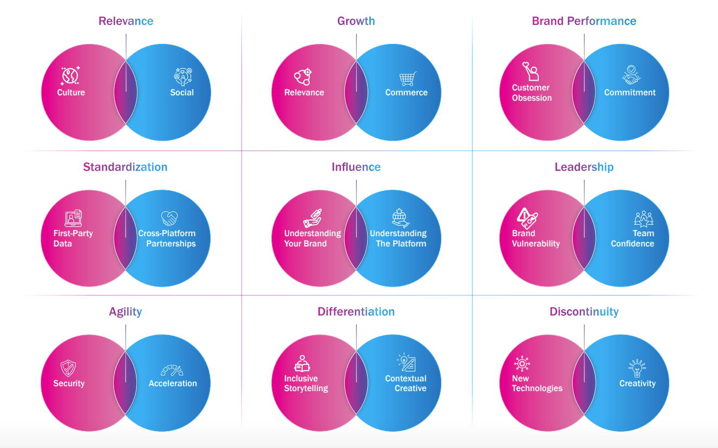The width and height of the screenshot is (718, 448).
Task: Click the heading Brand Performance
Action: point(584,21)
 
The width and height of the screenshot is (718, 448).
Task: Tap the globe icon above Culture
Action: point(70,76)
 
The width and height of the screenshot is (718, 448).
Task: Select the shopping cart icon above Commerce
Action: point(408,79)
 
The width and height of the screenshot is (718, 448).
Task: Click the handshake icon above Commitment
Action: point(631,75)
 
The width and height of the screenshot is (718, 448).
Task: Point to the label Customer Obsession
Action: point(532,93)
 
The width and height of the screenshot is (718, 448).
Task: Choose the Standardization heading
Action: point(125,167)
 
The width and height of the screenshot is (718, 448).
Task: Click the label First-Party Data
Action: point(73,238)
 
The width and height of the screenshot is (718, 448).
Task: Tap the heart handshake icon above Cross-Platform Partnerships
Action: point(169,218)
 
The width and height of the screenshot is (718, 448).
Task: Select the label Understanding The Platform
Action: point(399,238)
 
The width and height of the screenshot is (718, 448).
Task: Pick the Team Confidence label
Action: point(633,238)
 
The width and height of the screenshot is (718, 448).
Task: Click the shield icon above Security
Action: point(69,368)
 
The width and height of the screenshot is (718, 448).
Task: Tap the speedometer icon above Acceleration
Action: point(172,370)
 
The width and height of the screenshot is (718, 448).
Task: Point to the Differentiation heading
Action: point(356,311)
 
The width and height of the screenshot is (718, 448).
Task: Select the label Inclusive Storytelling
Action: point(306,383)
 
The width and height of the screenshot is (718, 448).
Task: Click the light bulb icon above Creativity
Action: point(637,368)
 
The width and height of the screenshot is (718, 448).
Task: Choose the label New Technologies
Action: point(537,383)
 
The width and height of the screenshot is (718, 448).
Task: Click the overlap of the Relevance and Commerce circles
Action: point(356,92)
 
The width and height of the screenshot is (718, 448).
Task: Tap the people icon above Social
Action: point(183,76)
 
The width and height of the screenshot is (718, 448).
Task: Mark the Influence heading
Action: point(356,167)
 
